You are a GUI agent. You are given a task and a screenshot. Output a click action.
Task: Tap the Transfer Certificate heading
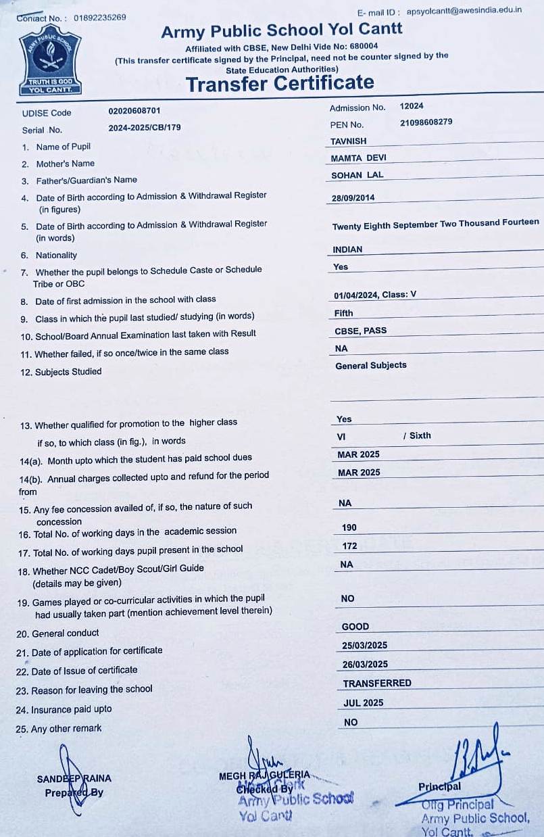click(x=280, y=83)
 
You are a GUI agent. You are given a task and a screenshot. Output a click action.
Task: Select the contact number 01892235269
click(x=99, y=18)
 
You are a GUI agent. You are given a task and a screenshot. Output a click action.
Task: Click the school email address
click(x=464, y=11)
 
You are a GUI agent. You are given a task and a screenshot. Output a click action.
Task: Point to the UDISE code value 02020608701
click(x=134, y=111)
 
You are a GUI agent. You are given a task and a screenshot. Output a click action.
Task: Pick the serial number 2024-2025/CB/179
click(x=145, y=127)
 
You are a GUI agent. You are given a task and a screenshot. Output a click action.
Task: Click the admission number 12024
click(x=412, y=106)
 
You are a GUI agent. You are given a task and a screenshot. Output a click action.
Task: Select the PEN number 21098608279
click(x=426, y=123)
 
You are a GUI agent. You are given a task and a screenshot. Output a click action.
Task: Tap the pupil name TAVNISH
click(x=349, y=141)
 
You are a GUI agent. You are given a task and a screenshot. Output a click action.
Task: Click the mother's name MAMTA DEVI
click(x=359, y=158)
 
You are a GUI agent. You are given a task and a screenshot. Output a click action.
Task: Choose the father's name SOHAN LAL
click(x=357, y=175)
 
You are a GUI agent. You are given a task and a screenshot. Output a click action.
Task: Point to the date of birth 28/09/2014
click(x=353, y=198)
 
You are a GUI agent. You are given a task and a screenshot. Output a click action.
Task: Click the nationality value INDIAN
click(x=348, y=249)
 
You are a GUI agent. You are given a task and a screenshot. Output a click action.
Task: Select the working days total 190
click(x=349, y=527)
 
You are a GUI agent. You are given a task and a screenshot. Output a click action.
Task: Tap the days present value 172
click(x=349, y=546)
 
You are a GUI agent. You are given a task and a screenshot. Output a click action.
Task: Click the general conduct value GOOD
click(x=355, y=627)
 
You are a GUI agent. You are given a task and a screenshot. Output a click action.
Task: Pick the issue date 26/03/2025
click(x=365, y=665)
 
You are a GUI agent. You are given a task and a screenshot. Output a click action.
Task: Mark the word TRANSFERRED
click(x=377, y=684)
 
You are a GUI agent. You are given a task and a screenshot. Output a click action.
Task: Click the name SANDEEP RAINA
click(x=74, y=778)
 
